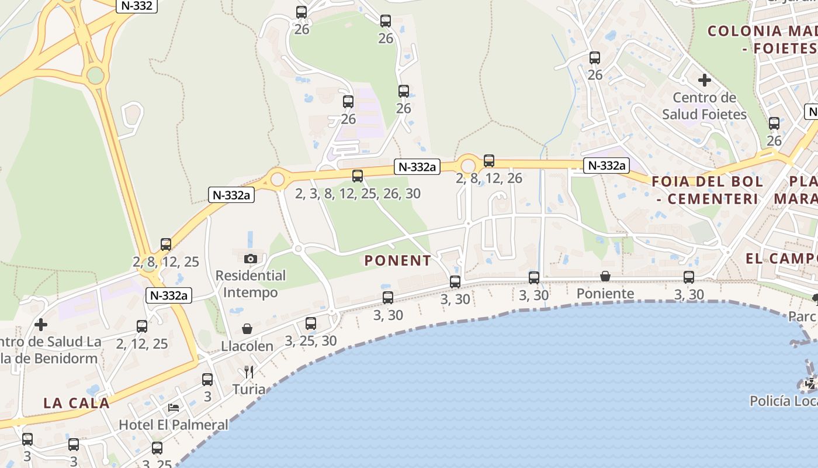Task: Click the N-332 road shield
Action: pyautogui.click(x=136, y=6)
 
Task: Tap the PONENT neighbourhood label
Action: pyautogui.click(x=398, y=261)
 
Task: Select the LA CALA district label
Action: pyautogui.click(x=77, y=403)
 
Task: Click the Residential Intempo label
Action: pyautogui.click(x=251, y=283)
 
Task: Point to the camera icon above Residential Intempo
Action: pyautogui.click(x=251, y=259)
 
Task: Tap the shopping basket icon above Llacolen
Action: pyautogui.click(x=247, y=329)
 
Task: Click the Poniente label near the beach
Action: pyautogui.click(x=605, y=294)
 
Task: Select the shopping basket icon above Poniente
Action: pyautogui.click(x=605, y=276)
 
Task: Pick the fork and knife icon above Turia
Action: pyautogui.click(x=249, y=372)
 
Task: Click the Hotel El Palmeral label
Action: pyautogui.click(x=174, y=425)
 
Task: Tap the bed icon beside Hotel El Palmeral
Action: pyautogui.click(x=174, y=407)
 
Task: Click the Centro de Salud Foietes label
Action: pyautogui.click(x=704, y=106)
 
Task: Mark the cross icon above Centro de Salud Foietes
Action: pyautogui.click(x=704, y=80)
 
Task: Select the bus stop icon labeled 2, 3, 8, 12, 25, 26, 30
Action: pyautogui.click(x=358, y=175)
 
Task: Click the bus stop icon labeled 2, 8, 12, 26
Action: pyautogui.click(x=489, y=161)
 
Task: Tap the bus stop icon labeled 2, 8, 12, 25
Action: pyautogui.click(x=166, y=245)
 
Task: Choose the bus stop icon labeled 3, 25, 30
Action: pyautogui.click(x=311, y=324)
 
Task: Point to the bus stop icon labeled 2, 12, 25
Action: pyautogui.click(x=142, y=326)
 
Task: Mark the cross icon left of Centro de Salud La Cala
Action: pyautogui.click(x=41, y=324)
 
